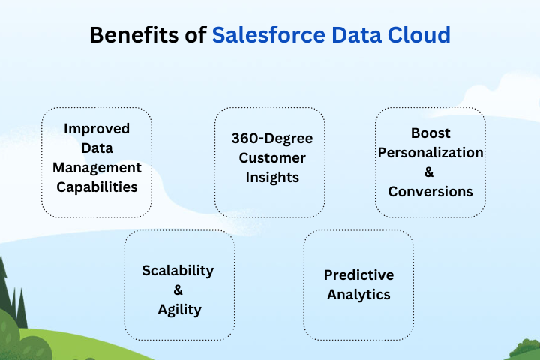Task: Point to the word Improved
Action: pos(97,128)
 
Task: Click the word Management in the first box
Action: pos(97,167)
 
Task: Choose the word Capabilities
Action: pos(97,187)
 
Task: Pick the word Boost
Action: pos(430,133)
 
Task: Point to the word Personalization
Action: pos(430,152)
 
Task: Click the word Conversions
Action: pos(430,191)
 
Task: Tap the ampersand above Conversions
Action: pos(430,172)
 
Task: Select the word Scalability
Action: pos(178,270)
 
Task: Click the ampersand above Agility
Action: pos(178,289)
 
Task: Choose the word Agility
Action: pos(178,309)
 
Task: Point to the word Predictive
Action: pos(358,274)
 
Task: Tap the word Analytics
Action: pos(358,294)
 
